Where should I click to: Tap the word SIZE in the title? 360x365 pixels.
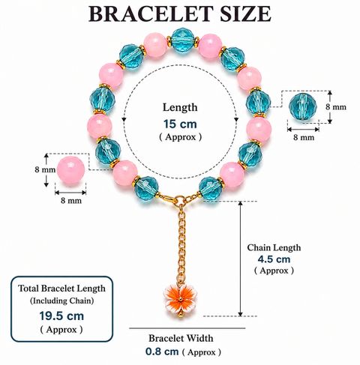point(246,14)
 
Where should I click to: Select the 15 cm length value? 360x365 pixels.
point(180,124)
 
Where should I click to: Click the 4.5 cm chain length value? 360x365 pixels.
point(274,259)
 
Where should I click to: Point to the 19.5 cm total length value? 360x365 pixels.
point(61,316)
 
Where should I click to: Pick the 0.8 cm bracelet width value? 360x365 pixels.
point(162,352)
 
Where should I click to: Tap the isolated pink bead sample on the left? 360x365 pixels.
point(71,172)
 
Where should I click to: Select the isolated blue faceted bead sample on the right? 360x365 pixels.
point(303,107)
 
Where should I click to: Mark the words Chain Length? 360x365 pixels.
point(274,247)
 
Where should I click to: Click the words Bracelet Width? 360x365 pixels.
point(181,338)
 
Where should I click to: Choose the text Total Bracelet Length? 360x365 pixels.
point(61,289)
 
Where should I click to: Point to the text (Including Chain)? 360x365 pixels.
point(62,301)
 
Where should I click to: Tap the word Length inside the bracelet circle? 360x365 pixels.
point(180,107)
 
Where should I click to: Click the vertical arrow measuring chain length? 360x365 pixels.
point(241,259)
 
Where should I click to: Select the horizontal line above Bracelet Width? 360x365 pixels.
point(187,328)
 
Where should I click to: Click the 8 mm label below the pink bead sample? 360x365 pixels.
point(71,200)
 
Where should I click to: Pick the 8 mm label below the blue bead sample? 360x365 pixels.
point(304,137)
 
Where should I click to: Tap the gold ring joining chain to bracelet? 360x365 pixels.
point(180,200)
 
